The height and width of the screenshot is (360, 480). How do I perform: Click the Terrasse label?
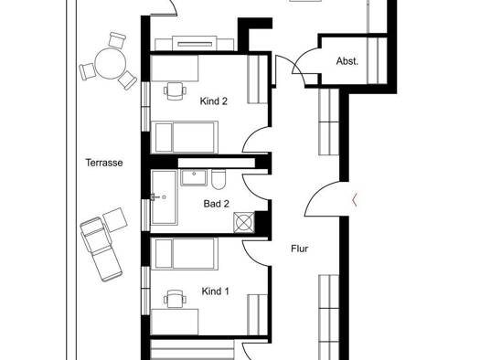pos(104,163)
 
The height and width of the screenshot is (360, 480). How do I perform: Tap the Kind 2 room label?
pos(214,101)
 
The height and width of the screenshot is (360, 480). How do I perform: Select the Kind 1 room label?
pos(215,291)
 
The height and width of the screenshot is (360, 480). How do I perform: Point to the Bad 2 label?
pos(216,204)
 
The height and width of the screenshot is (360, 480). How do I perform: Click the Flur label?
pos(299,249)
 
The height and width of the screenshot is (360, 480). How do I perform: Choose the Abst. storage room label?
pos(347,61)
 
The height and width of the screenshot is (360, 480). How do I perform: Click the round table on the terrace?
pos(111,63)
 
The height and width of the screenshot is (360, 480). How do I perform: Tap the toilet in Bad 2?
pos(219,180)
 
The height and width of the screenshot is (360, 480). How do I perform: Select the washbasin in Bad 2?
pos(194,177)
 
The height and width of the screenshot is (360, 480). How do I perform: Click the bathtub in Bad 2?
pos(164,197)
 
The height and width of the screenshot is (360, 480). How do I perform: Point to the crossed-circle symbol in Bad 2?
pos(244,222)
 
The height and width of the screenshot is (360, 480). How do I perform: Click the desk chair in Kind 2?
pos(176,90)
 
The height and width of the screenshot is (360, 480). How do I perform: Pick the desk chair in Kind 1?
pos(176,299)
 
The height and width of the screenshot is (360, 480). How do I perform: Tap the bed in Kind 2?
pos(185,137)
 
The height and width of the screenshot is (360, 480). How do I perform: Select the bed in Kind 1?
pos(185,254)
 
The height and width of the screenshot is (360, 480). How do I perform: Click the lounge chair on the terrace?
pos(101,249)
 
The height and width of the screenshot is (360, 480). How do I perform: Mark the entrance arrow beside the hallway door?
pos(355,200)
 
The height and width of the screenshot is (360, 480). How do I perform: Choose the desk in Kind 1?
pos(175,322)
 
